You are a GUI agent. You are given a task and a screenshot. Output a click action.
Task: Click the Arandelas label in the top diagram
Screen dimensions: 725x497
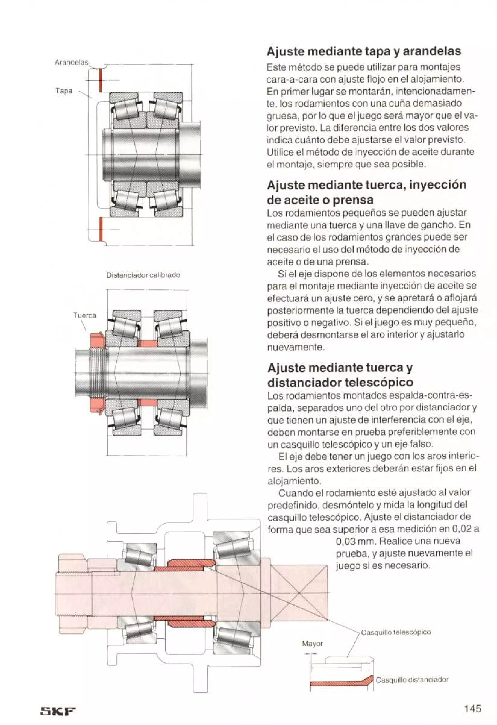(71, 62)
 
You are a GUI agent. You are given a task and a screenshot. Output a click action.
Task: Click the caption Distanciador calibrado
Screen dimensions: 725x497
(143, 275)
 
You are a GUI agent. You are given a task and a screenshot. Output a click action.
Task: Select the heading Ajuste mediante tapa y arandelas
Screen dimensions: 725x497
(364, 51)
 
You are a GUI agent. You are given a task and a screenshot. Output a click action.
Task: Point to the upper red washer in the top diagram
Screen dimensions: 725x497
(101, 81)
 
